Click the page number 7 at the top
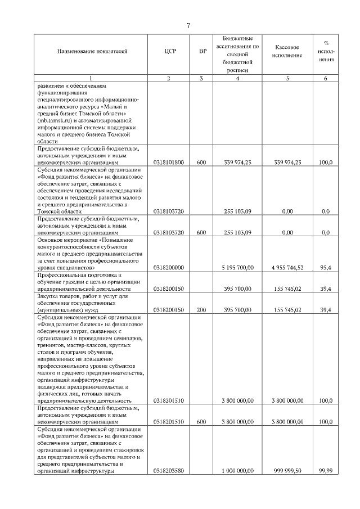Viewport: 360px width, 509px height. [188, 24]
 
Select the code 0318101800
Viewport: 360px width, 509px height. [169, 162]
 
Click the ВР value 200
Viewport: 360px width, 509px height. [201, 310]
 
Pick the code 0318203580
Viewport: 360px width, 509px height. [169, 472]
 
